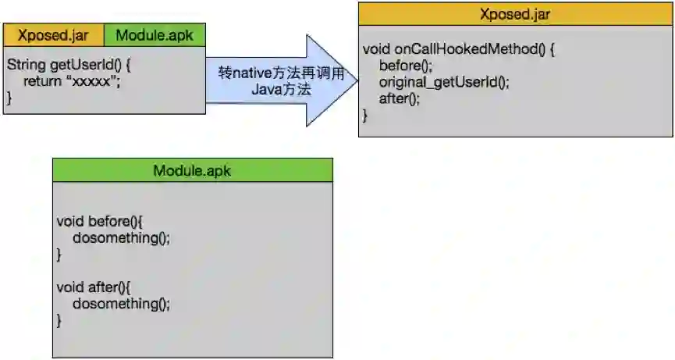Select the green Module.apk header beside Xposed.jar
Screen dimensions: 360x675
[x=160, y=35]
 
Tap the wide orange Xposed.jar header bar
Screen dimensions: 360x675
[x=516, y=14]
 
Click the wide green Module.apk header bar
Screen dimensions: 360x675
[x=192, y=171]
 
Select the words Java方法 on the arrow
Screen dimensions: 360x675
[x=282, y=90]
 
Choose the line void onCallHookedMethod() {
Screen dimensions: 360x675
[x=459, y=49]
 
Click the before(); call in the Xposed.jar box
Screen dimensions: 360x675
[x=406, y=66]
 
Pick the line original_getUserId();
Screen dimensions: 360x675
[x=444, y=82]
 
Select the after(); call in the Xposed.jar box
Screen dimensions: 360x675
[x=400, y=98]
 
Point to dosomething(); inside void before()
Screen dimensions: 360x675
[x=121, y=237]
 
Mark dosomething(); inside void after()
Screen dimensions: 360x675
[x=121, y=304]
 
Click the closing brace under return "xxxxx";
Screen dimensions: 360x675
[x=10, y=98]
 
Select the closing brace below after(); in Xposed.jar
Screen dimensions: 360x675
[x=366, y=115]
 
